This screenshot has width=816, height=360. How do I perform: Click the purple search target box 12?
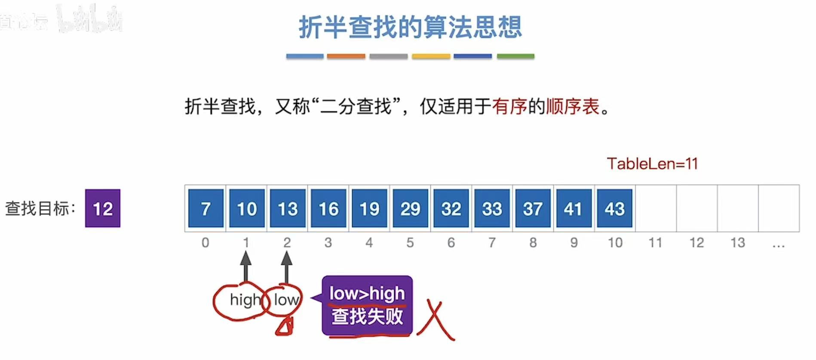102,208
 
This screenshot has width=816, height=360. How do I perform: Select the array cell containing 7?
206,208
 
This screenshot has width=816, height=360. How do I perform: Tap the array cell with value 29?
410,208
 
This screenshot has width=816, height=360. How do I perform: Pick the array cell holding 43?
614,208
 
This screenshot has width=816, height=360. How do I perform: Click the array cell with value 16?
328,208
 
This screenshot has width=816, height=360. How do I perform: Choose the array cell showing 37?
533,208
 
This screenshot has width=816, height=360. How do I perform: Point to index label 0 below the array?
206,243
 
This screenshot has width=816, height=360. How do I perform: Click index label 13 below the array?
737,243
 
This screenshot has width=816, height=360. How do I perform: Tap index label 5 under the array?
410,243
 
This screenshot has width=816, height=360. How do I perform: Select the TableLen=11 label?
652,163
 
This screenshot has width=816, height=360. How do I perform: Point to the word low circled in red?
286,300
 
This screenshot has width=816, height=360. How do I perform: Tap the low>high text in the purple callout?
367,293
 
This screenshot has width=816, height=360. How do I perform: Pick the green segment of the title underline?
515,56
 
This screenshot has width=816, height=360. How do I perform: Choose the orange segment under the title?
346,56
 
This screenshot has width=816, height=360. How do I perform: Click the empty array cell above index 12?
696,208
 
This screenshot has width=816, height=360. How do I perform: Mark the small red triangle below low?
285,327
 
